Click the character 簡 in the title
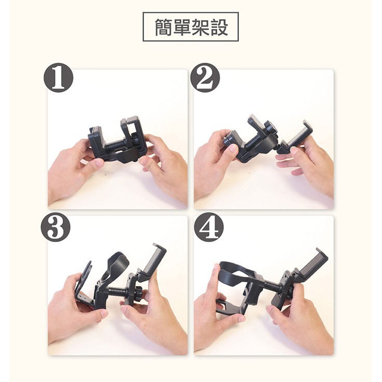[164, 27]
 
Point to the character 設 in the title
[219, 27]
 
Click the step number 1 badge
[59, 77]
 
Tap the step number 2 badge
[205, 77]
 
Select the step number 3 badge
[55, 227]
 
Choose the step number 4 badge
[209, 227]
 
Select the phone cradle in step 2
[296, 139]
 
